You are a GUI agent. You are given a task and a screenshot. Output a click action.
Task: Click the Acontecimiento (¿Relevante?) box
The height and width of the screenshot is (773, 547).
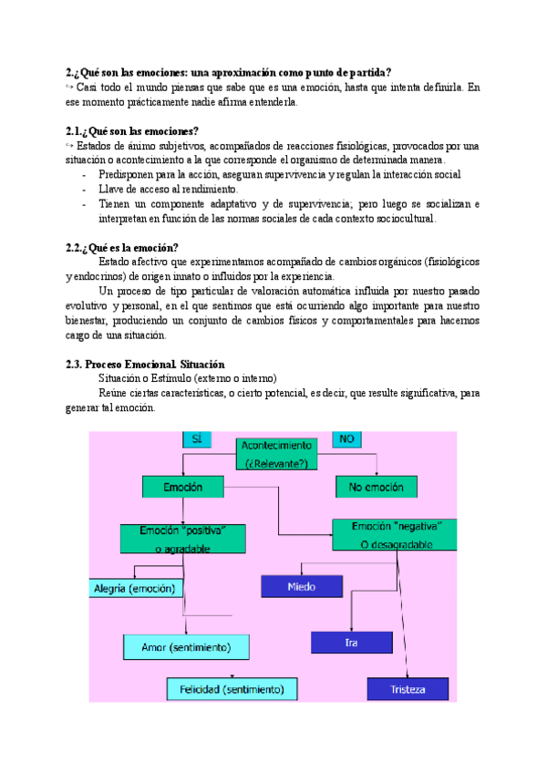click(277, 453)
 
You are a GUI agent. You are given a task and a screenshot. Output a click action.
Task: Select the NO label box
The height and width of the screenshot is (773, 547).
click(346, 438)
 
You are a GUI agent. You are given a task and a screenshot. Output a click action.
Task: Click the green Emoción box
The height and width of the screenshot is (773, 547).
click(182, 488)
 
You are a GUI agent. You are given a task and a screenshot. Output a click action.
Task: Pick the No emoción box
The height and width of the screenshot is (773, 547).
click(377, 488)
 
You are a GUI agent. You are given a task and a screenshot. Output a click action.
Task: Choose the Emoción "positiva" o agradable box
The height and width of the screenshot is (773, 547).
click(183, 538)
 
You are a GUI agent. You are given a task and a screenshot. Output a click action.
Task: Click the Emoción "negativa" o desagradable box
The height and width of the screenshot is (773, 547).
click(394, 535)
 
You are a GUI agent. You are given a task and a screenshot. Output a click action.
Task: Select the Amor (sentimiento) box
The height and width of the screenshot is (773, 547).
click(188, 647)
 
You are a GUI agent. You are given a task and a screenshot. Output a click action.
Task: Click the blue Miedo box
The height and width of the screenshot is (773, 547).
click(301, 586)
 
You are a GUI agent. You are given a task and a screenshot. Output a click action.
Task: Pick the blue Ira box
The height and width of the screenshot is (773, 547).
click(351, 643)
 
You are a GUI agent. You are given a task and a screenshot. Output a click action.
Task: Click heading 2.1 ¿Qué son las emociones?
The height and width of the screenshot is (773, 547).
click(132, 131)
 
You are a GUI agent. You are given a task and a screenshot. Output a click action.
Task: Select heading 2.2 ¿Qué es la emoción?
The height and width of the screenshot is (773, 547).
click(122, 248)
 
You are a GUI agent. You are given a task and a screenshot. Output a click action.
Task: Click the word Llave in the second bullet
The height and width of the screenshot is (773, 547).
click(111, 190)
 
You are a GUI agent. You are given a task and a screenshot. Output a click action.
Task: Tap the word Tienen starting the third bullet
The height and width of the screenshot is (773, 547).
click(116, 204)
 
